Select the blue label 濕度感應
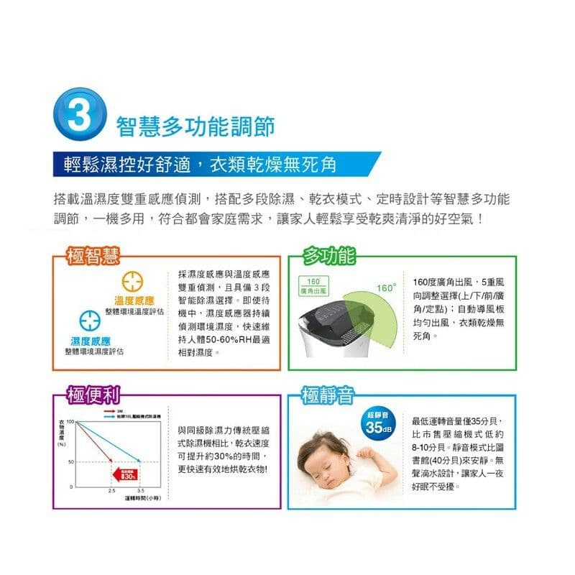pyautogui.click(x=90, y=340)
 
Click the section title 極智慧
pyautogui.click(x=91, y=255)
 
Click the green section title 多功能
pyautogui.click(x=328, y=255)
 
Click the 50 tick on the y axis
pyautogui.click(x=71, y=461)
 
